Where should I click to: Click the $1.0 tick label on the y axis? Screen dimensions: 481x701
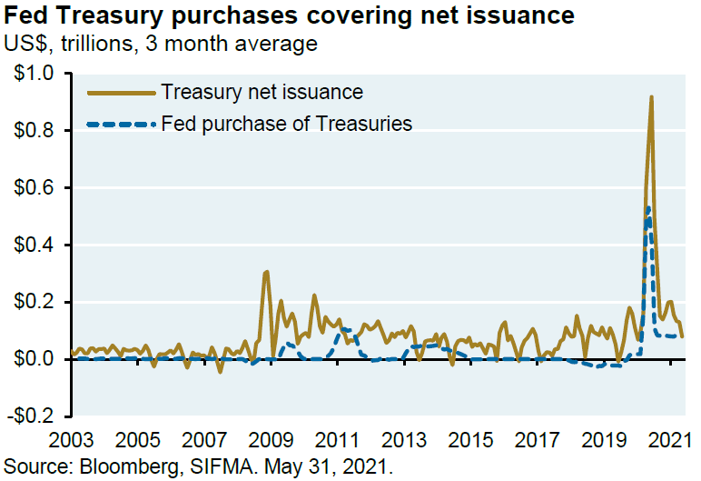point(34,74)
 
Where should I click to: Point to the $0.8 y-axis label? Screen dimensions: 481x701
point(34,131)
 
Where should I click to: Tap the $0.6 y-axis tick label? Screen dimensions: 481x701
point(34,188)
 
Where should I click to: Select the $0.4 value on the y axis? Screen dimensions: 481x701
point(34,246)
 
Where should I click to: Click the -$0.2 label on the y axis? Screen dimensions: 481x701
point(31,416)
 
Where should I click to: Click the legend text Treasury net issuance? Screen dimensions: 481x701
point(262,92)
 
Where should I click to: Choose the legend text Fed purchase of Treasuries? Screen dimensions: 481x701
point(286,123)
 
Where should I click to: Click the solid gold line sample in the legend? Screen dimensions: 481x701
point(120,92)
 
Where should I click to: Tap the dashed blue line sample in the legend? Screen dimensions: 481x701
point(120,123)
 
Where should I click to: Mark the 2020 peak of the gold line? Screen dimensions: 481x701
point(651,97)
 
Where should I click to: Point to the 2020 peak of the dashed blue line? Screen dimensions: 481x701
point(647,208)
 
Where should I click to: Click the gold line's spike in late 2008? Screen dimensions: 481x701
point(265,272)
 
